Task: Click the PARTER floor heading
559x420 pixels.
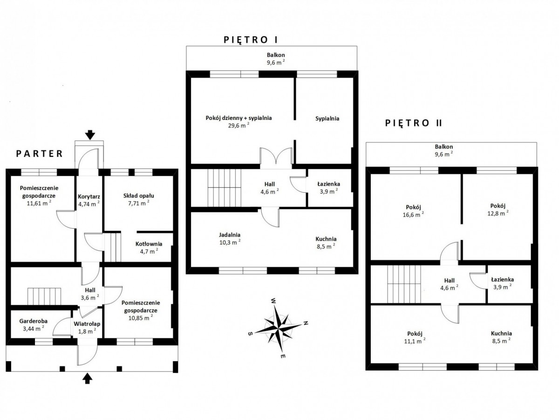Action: pos(39,153)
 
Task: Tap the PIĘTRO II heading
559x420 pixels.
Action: pos(414,123)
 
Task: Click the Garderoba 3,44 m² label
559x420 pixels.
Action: pos(32,324)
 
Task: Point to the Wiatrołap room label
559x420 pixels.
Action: pos(85,326)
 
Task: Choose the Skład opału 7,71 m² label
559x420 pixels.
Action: pos(139,199)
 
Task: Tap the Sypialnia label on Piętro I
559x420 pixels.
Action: pos(327,119)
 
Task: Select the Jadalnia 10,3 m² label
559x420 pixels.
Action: pos(230,238)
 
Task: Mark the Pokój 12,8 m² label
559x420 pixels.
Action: pos(498,209)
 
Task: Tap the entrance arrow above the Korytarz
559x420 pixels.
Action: pos(90,135)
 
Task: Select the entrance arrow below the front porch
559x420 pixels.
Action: pos(87,378)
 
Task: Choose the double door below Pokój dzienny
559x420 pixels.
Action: pos(276,158)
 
